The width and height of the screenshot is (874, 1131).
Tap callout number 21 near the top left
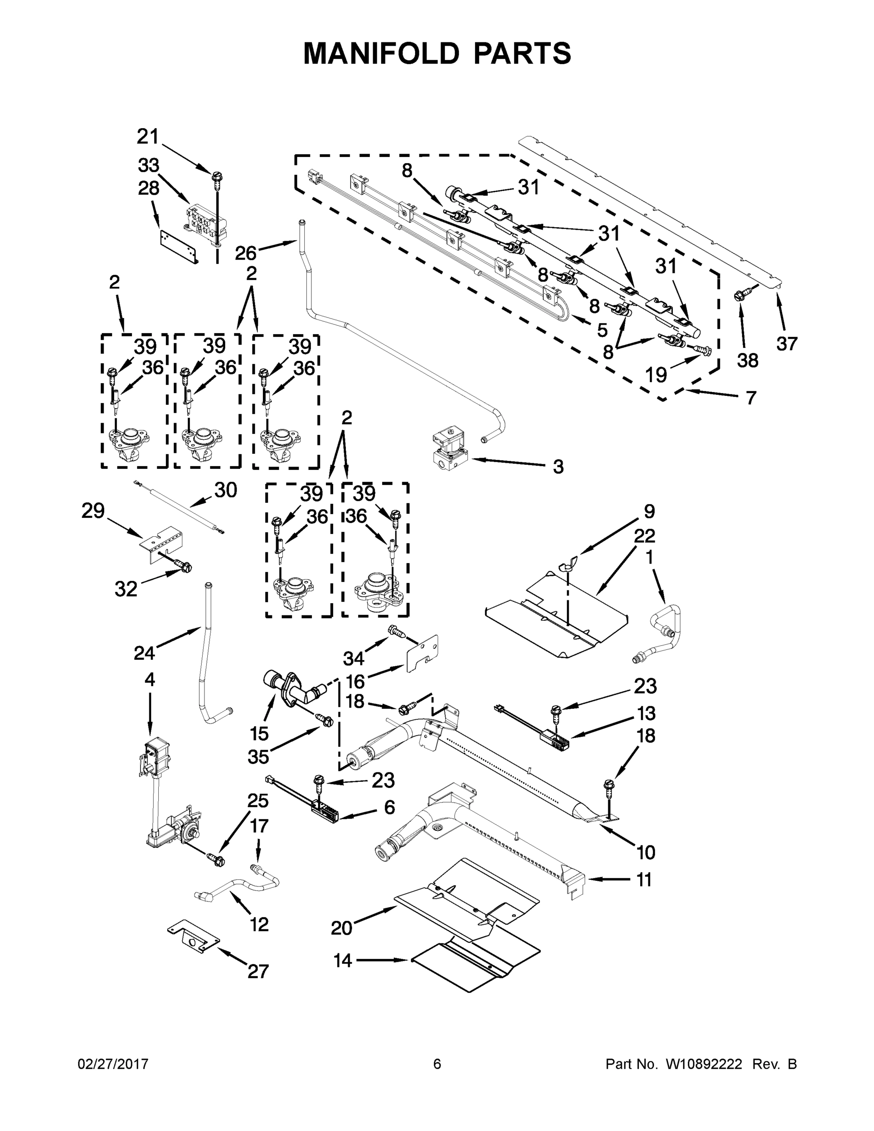pos(147,137)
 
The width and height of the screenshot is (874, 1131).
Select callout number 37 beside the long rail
pos(786,344)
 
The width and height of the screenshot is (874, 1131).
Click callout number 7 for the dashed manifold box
pos(751,398)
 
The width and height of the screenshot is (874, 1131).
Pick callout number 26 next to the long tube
pos(245,253)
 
